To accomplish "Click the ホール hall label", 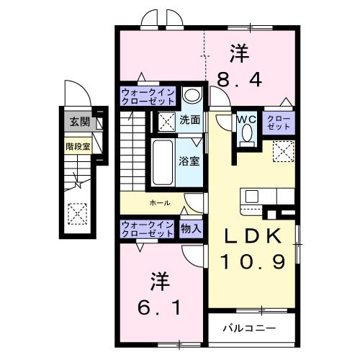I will coord(160,204).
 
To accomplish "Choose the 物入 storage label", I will coord(191,229).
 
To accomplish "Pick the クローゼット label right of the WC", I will coord(279,122).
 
